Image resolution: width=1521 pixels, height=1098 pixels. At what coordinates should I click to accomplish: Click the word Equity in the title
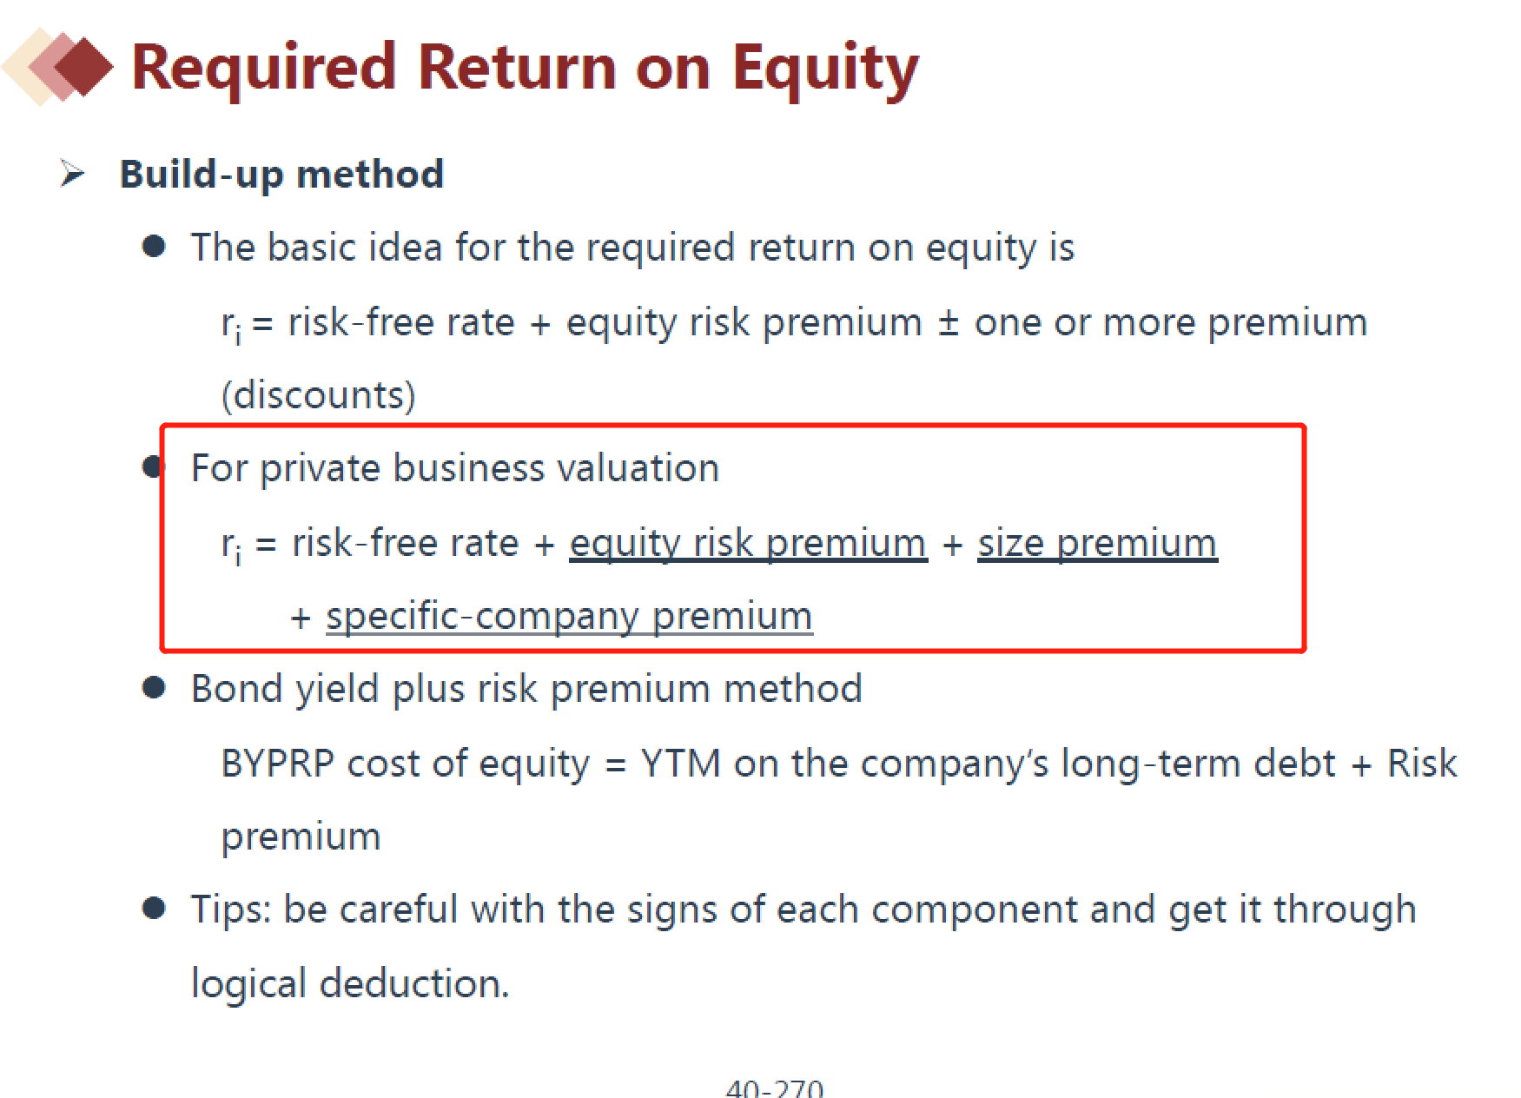pos(825,69)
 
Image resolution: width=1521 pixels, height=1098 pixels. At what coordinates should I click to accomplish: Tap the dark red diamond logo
pos(83,66)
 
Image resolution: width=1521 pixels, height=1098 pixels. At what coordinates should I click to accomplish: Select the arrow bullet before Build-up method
pos(73,173)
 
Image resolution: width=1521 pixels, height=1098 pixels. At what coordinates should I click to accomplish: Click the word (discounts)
pos(319,396)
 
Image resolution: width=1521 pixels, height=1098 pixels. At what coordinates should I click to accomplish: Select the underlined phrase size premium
pos(1097,544)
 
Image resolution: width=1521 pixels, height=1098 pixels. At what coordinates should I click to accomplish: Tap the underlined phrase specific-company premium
pos(569,618)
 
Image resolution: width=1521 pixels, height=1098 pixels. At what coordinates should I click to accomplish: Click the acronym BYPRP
pos(278,764)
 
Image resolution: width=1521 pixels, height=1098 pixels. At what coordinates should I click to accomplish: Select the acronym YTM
pos(681,764)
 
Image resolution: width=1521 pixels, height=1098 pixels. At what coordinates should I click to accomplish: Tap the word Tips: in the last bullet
pos(231,910)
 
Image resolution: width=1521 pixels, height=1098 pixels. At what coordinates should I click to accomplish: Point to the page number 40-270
pos(775,1088)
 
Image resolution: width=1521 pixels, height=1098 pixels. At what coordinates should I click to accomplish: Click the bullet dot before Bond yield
pos(154,688)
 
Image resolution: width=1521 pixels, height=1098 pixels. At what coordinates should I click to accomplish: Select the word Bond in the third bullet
pos(236,689)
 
